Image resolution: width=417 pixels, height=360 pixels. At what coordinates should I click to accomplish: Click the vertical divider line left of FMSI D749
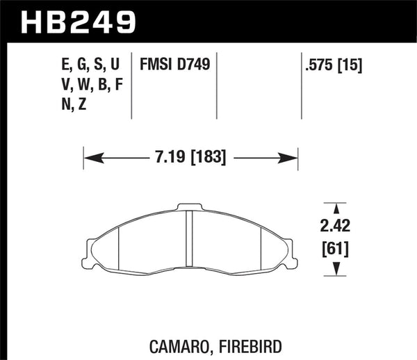[132, 86]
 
